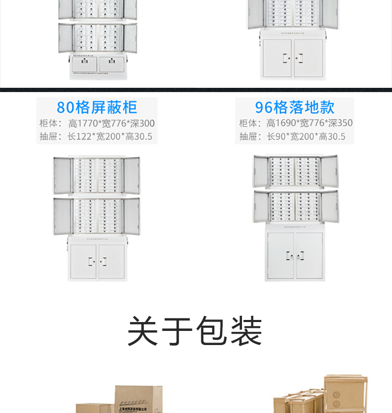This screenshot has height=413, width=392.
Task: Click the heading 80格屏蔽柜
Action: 97,107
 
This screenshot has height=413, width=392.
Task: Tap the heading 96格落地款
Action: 295,107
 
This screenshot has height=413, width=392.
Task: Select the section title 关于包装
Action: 195,331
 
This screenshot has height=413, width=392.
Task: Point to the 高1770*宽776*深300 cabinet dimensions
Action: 111,124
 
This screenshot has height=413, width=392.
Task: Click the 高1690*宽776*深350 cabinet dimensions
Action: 309,123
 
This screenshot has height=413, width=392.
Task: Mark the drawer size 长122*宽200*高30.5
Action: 110,136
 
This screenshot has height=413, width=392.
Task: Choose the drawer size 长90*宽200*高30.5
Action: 306,136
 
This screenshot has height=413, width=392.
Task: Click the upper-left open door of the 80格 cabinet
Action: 62,176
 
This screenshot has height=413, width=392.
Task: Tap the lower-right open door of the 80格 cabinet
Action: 132,216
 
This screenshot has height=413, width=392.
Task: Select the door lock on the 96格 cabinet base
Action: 295,256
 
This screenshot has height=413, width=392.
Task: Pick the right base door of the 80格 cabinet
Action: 111,260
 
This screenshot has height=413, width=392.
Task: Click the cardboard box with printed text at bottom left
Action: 139,399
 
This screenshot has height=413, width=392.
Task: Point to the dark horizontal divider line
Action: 196,90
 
